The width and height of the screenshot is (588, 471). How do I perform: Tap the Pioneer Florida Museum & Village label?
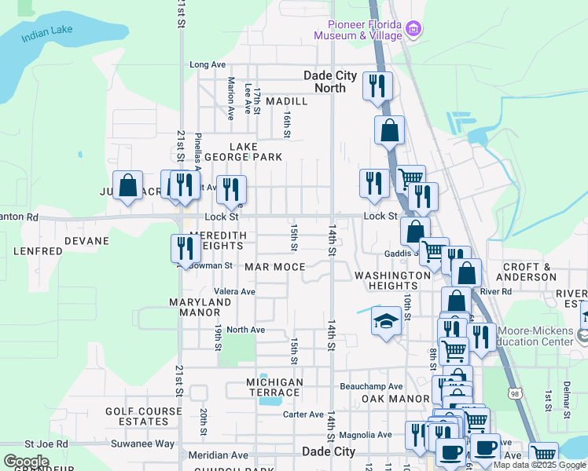click(x=358, y=30)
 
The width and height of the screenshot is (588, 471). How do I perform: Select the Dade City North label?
click(x=330, y=82)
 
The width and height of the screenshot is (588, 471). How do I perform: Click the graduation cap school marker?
click(x=385, y=321)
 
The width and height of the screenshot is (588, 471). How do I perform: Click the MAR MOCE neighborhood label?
click(x=274, y=267)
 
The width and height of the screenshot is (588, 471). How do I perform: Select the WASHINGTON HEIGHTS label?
click(x=392, y=281)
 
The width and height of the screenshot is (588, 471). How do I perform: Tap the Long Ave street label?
click(x=208, y=64)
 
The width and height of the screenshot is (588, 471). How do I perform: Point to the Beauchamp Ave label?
click(x=371, y=386)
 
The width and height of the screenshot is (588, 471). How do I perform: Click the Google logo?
click(x=26, y=462)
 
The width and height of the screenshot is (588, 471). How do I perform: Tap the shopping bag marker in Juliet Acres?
click(x=128, y=186)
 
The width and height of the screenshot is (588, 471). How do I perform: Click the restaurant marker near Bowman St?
click(x=186, y=248)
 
